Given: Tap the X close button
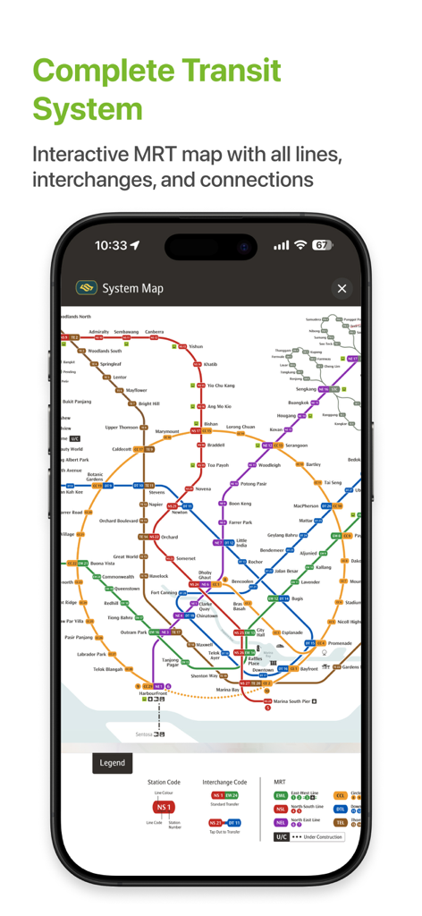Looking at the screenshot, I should coord(342,288).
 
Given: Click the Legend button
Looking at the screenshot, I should coord(113,763).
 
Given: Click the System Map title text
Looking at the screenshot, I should coord(133,288).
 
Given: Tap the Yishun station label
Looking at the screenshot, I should coord(196,346).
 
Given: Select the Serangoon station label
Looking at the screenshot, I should coord(295,445).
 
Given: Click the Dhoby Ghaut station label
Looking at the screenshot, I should coord(205,573).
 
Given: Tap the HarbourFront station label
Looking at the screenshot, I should coord(153,693).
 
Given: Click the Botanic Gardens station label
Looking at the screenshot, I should coord(95,477).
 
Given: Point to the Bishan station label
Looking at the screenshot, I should coord(210,424).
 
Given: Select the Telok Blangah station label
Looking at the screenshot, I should coord(107,669).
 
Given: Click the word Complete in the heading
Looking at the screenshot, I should coord(101,71).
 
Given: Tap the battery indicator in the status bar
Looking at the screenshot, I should coord(322,245).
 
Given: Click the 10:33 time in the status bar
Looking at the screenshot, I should coord(111,245).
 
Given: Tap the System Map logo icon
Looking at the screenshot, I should coord(87,288).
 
